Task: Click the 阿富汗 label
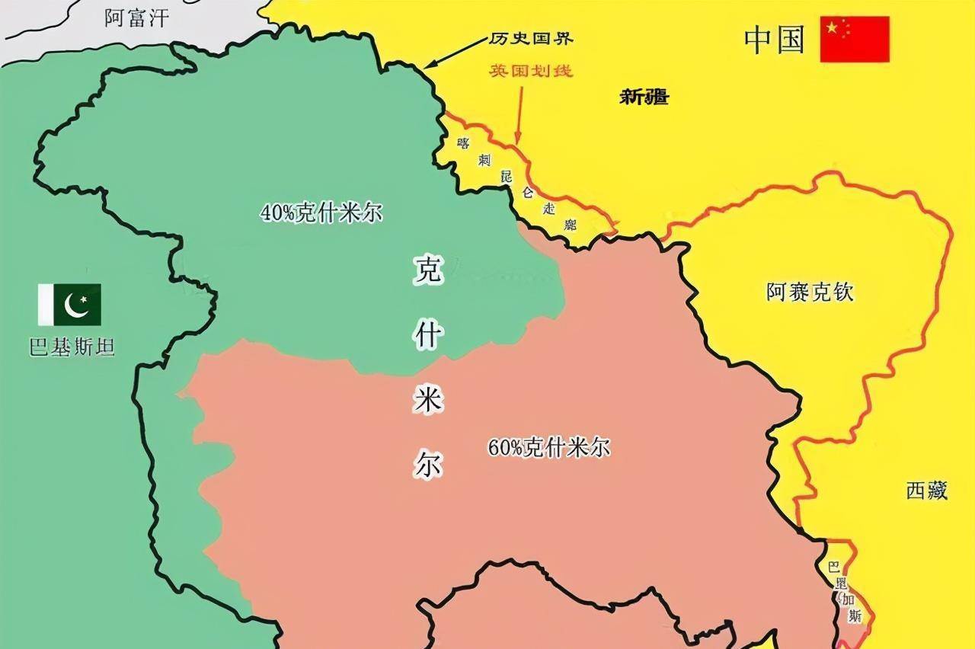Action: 137,18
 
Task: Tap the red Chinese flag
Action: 854,39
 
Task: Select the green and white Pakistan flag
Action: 69,304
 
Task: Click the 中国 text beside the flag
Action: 775,40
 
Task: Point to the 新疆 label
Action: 644,97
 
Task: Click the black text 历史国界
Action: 531,39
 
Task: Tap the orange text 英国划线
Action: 531,72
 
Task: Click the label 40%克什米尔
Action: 321,213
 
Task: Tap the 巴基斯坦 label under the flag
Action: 72,348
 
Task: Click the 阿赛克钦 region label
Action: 810,292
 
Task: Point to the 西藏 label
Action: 927,491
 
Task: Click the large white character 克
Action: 428,270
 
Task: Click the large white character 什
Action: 428,335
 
